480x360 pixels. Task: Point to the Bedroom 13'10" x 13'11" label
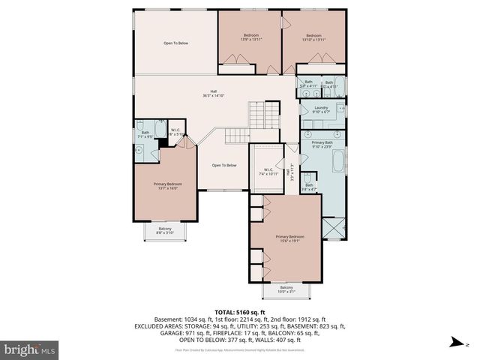313,37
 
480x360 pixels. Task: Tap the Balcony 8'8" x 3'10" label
164,231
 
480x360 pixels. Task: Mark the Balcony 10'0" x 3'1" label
286,289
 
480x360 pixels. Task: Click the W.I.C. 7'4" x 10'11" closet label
267,172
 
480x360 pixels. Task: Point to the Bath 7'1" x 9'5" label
145,136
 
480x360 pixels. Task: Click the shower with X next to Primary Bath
332,227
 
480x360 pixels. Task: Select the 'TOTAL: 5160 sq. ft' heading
239,311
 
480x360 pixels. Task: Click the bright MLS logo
28,349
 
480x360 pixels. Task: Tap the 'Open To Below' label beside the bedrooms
176,43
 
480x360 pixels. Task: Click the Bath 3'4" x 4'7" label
309,187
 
